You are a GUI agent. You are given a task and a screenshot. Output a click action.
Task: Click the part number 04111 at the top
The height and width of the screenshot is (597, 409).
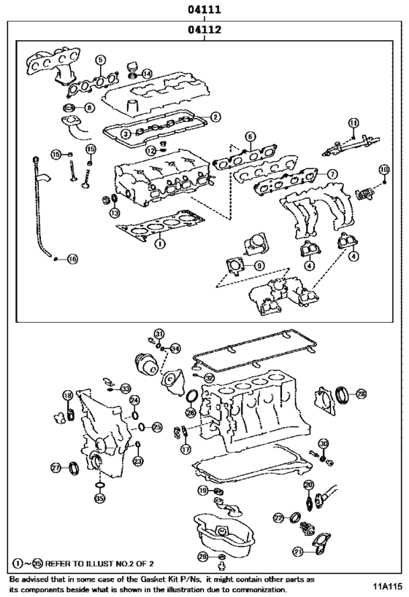click(x=204, y=9)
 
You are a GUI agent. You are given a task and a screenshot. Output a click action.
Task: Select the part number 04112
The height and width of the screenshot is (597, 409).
click(x=204, y=29)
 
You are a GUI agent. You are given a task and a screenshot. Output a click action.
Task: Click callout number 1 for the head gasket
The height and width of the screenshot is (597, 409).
click(x=160, y=243)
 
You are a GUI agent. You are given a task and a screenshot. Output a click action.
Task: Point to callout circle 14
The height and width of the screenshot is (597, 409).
click(x=147, y=74)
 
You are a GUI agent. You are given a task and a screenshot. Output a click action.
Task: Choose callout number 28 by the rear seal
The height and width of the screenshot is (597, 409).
click(x=361, y=394)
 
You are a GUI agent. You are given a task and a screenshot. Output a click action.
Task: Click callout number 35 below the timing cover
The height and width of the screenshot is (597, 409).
click(x=99, y=498)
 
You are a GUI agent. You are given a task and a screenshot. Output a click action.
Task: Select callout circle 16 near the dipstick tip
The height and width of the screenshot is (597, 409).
click(x=72, y=260)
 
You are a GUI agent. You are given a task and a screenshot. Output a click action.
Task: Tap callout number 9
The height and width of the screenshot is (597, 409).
click(x=259, y=265)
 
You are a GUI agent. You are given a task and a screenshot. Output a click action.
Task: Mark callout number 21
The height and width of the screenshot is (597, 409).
click(x=299, y=551)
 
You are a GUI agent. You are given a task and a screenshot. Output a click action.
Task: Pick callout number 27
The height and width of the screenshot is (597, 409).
click(x=56, y=467)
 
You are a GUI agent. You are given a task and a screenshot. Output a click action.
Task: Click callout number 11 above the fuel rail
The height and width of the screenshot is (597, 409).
click(x=353, y=122)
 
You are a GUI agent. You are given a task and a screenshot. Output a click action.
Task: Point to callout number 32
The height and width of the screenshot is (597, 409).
click(x=209, y=378)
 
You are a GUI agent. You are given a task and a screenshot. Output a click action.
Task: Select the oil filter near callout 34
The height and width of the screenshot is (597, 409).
click(x=147, y=364)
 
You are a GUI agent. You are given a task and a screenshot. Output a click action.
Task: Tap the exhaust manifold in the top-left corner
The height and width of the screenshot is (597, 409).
click(x=50, y=66)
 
